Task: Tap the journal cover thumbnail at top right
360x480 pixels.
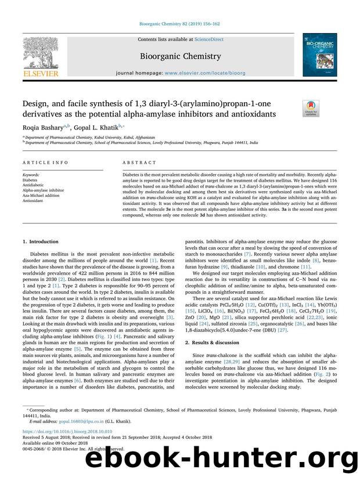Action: (319, 55)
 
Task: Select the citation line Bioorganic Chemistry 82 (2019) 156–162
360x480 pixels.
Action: (179, 26)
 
